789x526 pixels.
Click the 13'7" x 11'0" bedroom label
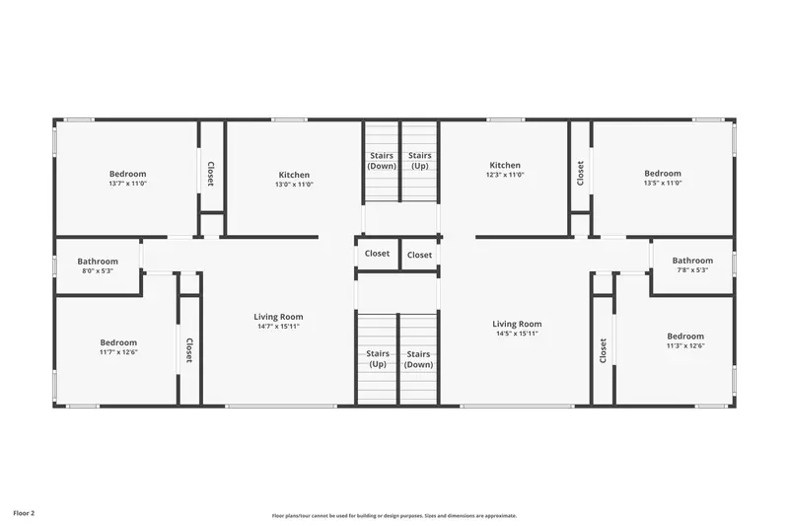click(x=128, y=179)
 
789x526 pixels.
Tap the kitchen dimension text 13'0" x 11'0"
click(x=294, y=185)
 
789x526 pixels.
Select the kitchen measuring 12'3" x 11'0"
click(x=505, y=170)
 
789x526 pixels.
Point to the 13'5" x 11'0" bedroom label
click(x=663, y=178)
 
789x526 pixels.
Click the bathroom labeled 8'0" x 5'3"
click(x=98, y=265)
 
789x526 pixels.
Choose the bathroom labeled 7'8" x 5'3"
click(x=692, y=264)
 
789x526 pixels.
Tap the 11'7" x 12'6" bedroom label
click(x=118, y=347)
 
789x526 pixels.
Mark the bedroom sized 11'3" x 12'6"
click(x=685, y=340)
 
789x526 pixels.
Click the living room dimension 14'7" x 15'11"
click(x=278, y=327)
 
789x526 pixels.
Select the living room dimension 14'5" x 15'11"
click(x=517, y=334)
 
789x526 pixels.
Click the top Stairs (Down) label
click(x=382, y=161)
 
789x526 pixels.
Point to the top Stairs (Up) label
click(x=420, y=161)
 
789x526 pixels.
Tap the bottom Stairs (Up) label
click(x=378, y=359)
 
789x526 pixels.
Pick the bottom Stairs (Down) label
click(x=418, y=359)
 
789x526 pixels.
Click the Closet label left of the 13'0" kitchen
click(x=211, y=174)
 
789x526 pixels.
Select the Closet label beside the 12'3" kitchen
click(x=580, y=173)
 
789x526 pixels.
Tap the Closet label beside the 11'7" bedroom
click(x=189, y=350)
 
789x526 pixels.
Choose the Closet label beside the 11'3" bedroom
click(x=603, y=350)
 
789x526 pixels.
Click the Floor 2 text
click(x=24, y=513)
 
